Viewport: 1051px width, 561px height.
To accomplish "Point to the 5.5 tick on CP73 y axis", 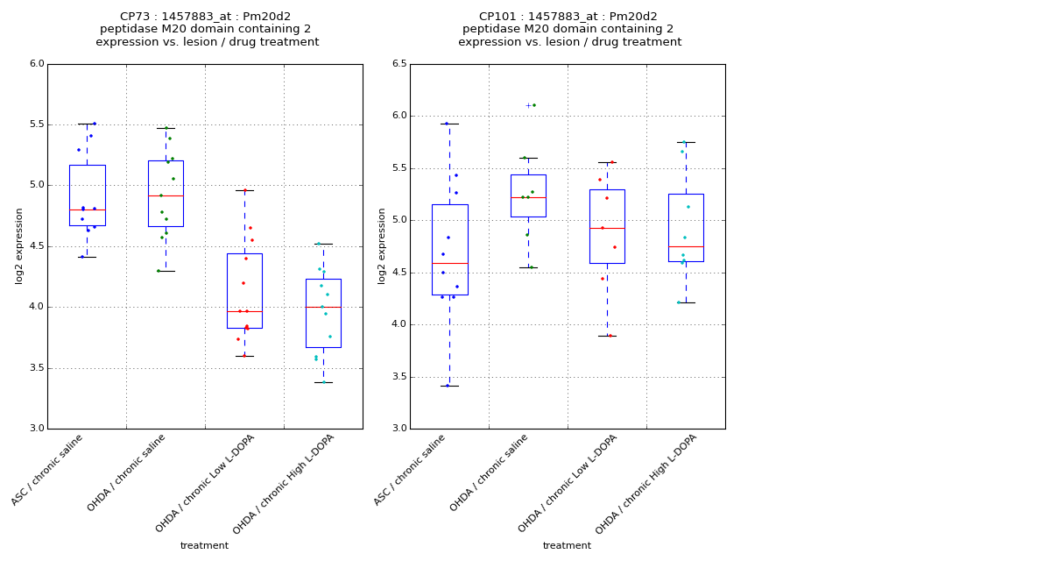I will pyautogui.click(x=36, y=124).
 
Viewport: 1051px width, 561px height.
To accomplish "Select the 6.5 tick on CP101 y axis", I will pyautogui.click(x=399, y=64).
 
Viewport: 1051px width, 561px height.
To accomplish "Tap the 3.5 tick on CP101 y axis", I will pyautogui.click(x=399, y=377).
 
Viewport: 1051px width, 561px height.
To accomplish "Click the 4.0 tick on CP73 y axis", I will pyautogui.click(x=36, y=307).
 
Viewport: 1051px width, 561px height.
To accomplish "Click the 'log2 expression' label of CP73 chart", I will pyautogui.click(x=19, y=245).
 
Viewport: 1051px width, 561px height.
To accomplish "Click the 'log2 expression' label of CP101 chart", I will pyautogui.click(x=382, y=245).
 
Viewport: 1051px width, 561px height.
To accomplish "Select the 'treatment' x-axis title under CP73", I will pyautogui.click(x=204, y=545).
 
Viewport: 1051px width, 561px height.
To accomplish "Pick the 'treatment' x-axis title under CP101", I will pyautogui.click(x=567, y=545).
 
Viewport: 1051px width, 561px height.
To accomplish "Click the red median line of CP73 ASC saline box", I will pyautogui.click(x=87, y=209).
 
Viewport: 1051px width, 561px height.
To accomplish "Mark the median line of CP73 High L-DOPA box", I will pyautogui.click(x=323, y=307).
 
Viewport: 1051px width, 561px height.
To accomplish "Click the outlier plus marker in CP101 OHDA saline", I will pyautogui.click(x=528, y=105).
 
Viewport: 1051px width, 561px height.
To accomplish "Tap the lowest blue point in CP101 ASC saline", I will pyautogui.click(x=448, y=386).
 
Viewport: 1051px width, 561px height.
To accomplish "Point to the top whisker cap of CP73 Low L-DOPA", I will pyautogui.click(x=244, y=190).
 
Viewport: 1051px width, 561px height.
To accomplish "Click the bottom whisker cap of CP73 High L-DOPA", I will pyautogui.click(x=323, y=382).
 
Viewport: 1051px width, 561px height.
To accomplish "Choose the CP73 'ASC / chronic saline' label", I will pyautogui.click(x=49, y=469).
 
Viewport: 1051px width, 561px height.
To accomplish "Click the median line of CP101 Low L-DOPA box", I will pyautogui.click(x=607, y=228).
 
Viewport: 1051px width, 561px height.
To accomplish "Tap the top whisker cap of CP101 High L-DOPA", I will pyautogui.click(x=686, y=142).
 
